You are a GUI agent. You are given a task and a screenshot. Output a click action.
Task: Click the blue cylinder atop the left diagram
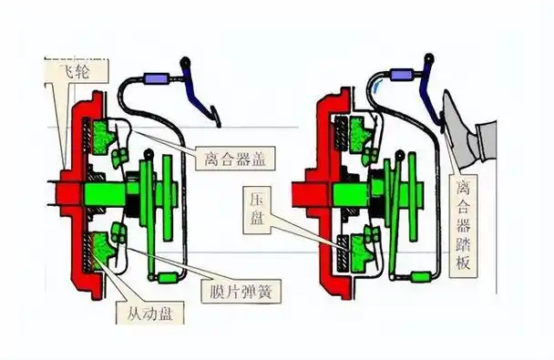tap(164, 76)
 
